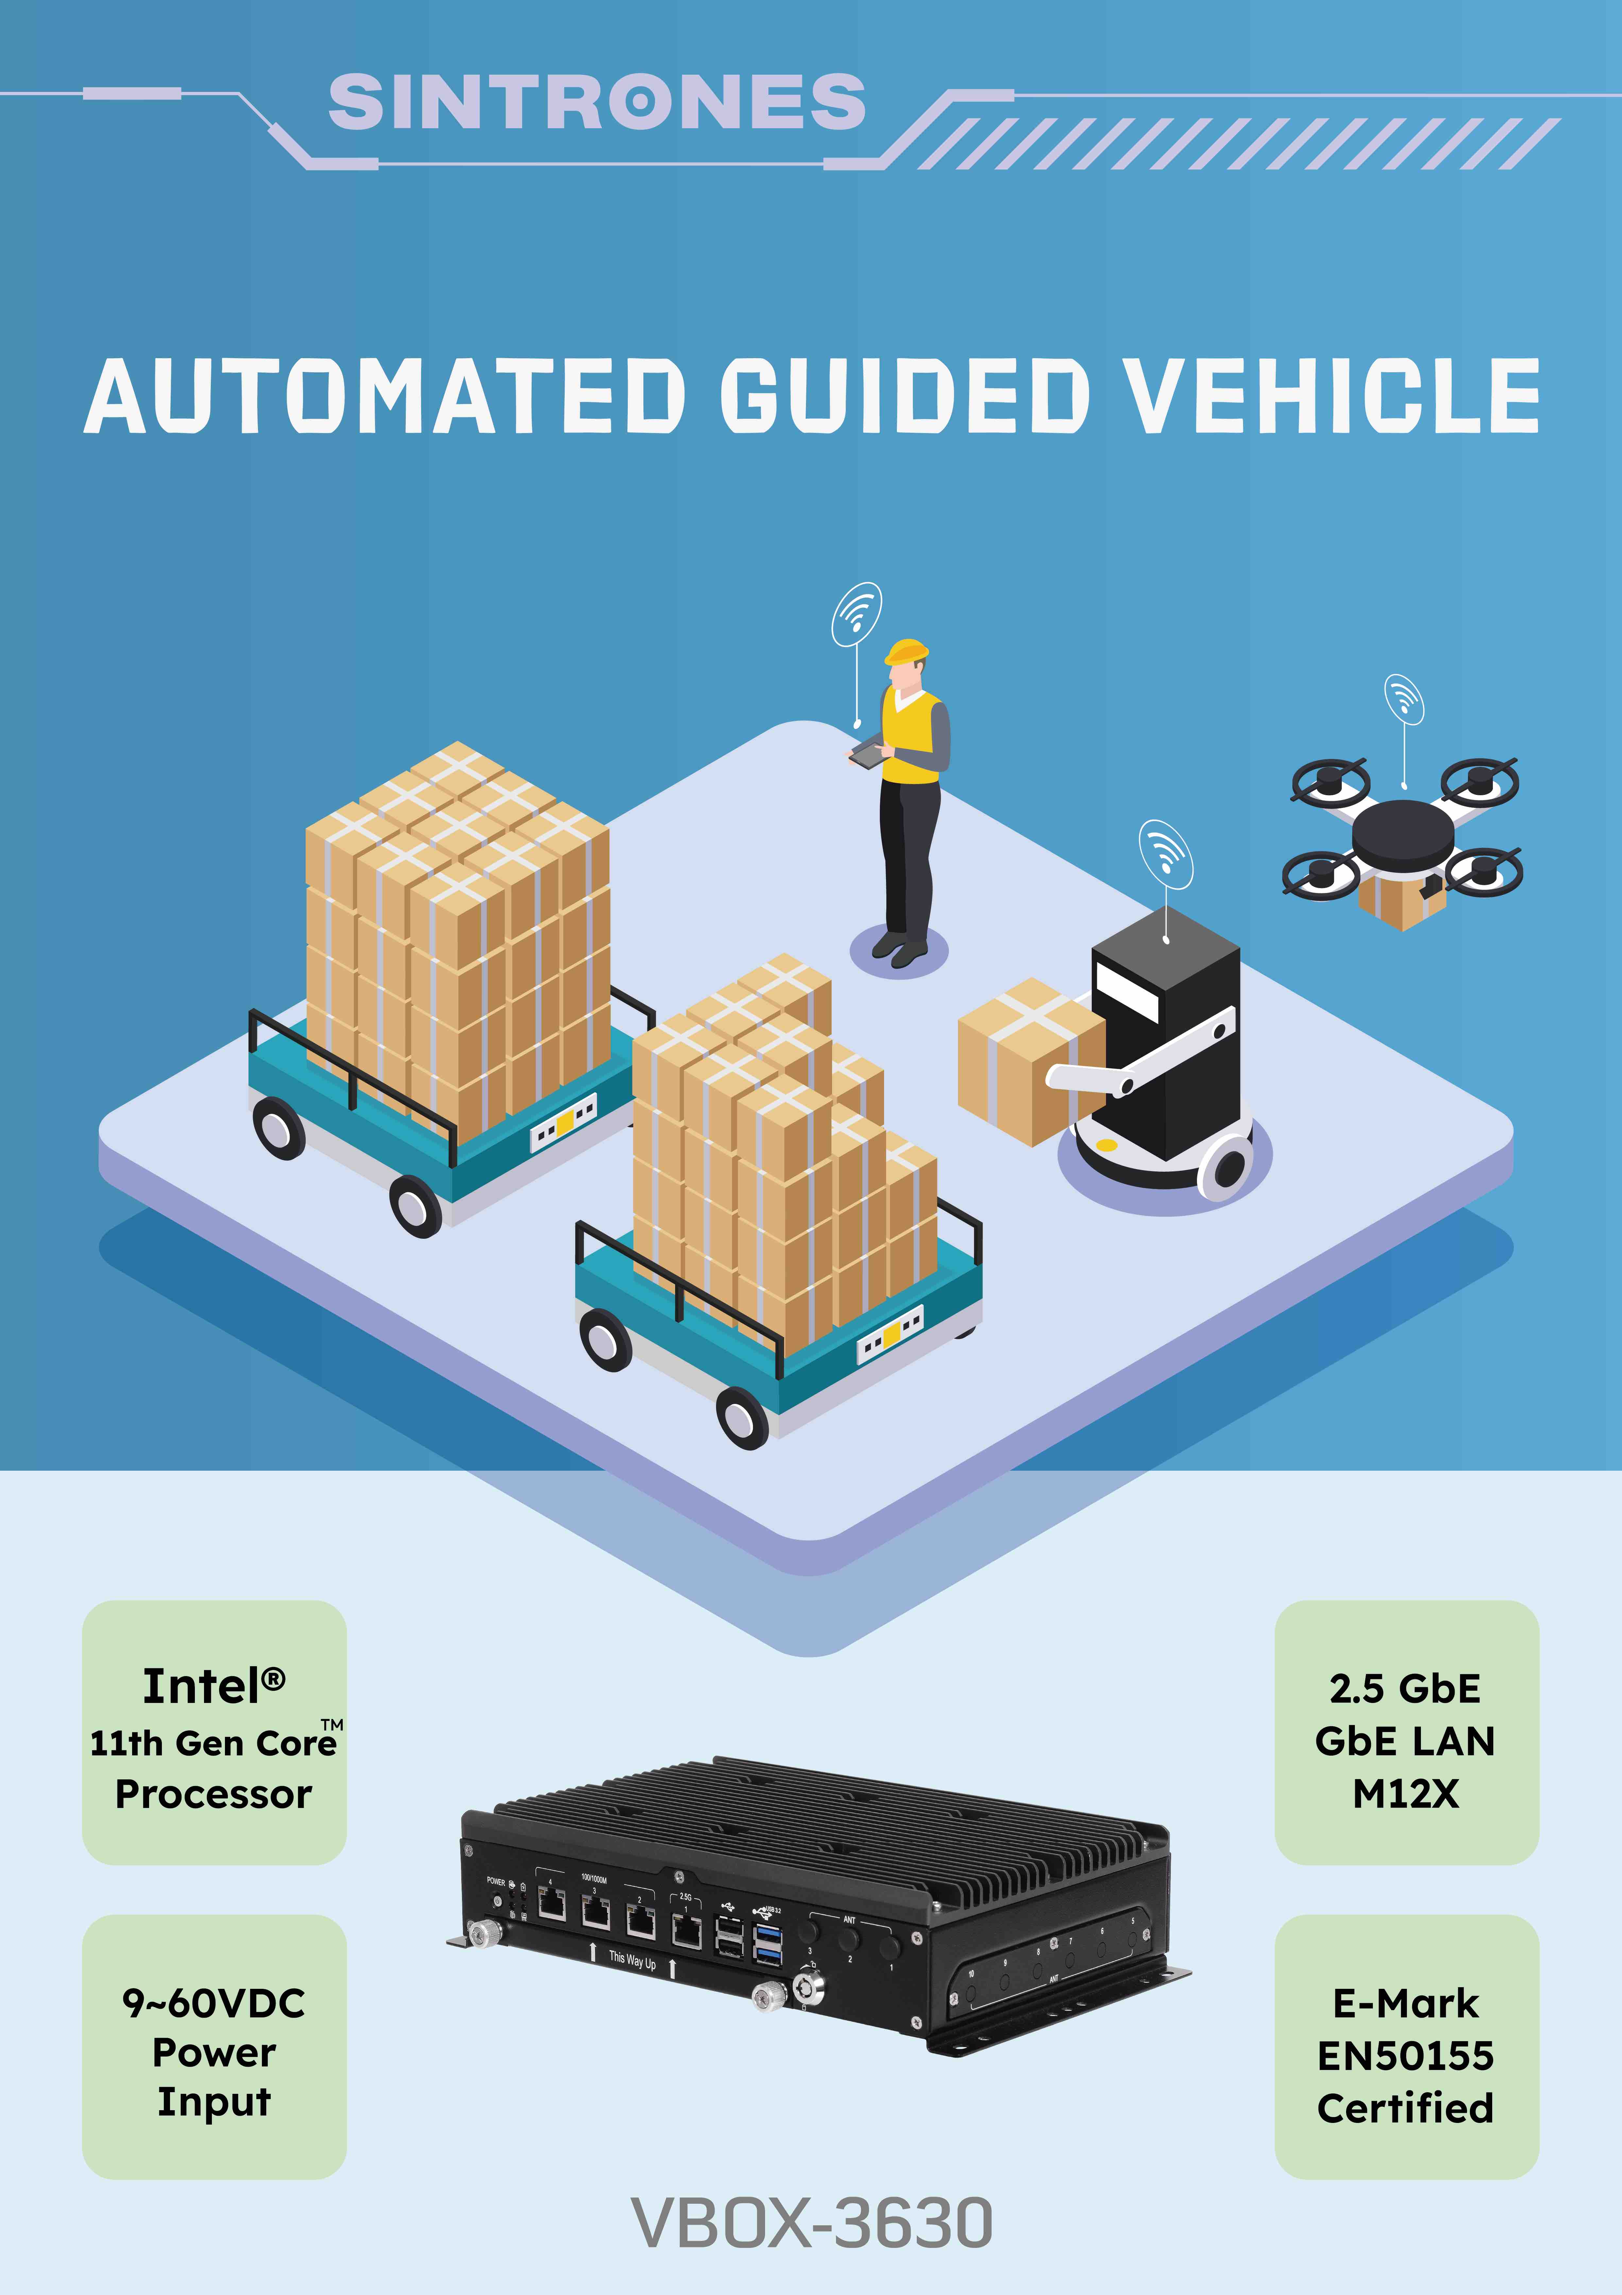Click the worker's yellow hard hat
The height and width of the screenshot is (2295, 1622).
tap(906, 652)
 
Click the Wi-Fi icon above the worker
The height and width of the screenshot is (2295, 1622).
tap(857, 613)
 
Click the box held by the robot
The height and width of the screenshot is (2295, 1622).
tap(1021, 1060)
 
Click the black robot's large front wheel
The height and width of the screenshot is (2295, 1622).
tap(1227, 1166)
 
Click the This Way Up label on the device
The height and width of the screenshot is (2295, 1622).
tap(632, 1960)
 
